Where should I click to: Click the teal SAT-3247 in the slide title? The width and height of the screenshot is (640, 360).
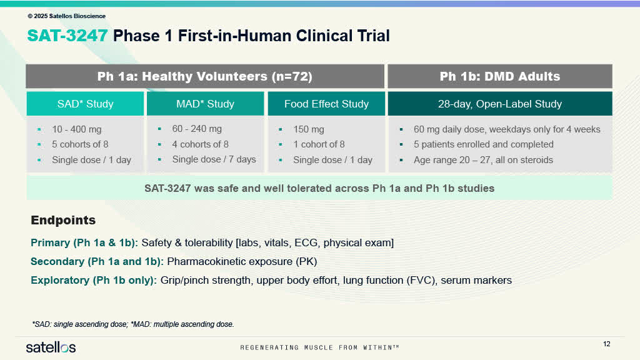(x=67, y=36)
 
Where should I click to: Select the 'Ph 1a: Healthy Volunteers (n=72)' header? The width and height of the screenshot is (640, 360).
(x=205, y=76)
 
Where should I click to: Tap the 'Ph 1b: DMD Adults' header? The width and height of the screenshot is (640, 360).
(x=499, y=76)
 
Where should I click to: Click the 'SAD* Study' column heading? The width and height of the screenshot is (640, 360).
(x=85, y=104)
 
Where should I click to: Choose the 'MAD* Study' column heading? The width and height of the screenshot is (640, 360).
(x=205, y=104)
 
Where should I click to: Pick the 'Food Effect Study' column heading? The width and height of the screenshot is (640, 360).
(x=326, y=104)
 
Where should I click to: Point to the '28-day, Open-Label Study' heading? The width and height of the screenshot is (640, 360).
(x=499, y=104)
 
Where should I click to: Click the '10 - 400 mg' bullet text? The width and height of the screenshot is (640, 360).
(x=77, y=129)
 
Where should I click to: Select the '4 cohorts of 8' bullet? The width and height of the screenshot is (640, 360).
(x=200, y=144)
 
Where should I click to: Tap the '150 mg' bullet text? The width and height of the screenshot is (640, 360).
(x=309, y=129)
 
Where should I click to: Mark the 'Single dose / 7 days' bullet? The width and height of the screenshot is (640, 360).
(x=214, y=159)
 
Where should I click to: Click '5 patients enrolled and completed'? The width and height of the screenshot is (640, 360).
(x=483, y=144)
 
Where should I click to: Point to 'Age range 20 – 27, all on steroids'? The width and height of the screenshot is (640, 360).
(x=483, y=160)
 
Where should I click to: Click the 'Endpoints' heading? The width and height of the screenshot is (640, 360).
(x=63, y=220)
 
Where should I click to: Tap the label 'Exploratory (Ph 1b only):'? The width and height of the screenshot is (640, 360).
(x=94, y=280)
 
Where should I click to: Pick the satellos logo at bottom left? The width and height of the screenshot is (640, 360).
(x=51, y=347)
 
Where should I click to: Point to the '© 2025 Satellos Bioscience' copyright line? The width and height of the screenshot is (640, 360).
(x=66, y=16)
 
